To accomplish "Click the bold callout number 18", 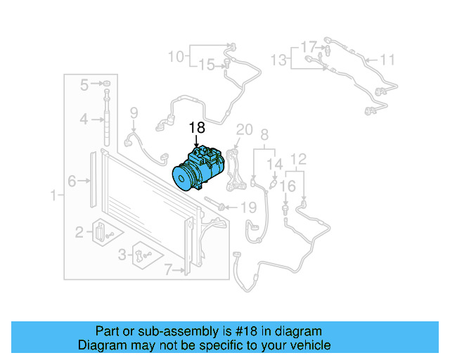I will pos(197,127).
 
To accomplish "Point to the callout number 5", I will pos(84,85).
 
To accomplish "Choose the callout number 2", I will pos(80,231).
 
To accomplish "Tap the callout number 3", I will pos(122,254).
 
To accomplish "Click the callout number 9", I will pos(134,112).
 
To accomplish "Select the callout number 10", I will pos(176,56).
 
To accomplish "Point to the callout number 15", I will pos(206,65).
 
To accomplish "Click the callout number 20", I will pos(244,129).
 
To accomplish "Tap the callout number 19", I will pos(249,207).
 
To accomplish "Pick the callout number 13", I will pos(279,60).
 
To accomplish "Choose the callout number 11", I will pos(388,60).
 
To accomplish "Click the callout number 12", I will pos(298,160).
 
